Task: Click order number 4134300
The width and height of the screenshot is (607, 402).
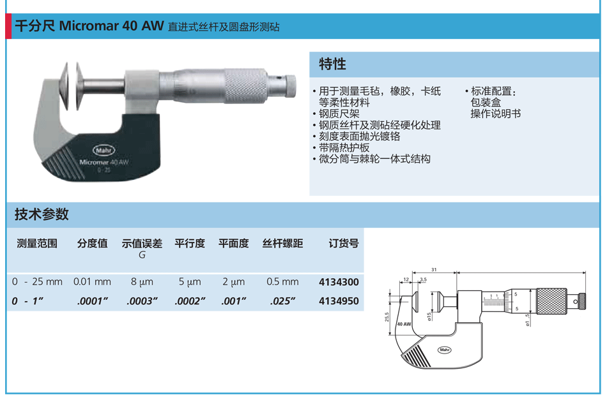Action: click(x=339, y=282)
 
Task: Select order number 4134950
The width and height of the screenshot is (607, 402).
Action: click(x=339, y=301)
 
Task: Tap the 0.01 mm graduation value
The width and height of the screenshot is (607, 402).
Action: click(x=92, y=282)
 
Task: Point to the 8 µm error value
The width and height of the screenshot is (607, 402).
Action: click(x=142, y=282)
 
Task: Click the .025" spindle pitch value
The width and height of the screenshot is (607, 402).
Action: click(x=282, y=301)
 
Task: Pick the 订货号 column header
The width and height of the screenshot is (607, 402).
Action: click(x=343, y=243)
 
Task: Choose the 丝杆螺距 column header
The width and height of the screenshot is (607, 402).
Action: click(x=282, y=243)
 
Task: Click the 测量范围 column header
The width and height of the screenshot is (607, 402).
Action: click(x=37, y=243)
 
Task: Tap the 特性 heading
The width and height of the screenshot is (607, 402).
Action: click(x=332, y=64)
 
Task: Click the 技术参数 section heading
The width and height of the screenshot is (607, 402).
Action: click(x=42, y=214)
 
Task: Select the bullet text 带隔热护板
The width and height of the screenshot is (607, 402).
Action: click(x=344, y=147)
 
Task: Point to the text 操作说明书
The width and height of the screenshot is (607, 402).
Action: click(x=496, y=114)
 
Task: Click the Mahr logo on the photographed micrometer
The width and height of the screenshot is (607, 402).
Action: click(x=104, y=150)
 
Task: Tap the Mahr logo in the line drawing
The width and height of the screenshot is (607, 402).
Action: click(x=445, y=350)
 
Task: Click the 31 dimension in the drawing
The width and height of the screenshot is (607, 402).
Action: click(x=434, y=269)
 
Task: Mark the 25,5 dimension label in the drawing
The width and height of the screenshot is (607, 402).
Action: click(x=387, y=317)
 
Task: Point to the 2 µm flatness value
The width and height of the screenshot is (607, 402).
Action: click(x=233, y=282)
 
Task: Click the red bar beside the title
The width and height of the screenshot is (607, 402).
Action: click(x=8, y=26)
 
